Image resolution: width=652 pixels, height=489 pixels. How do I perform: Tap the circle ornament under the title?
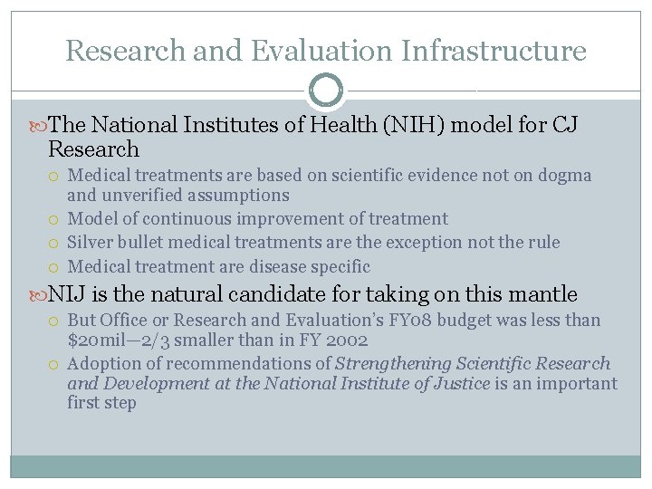(x=326, y=91)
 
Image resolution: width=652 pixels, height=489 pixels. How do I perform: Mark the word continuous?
(x=180, y=219)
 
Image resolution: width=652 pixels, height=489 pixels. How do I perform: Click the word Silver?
(x=91, y=243)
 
